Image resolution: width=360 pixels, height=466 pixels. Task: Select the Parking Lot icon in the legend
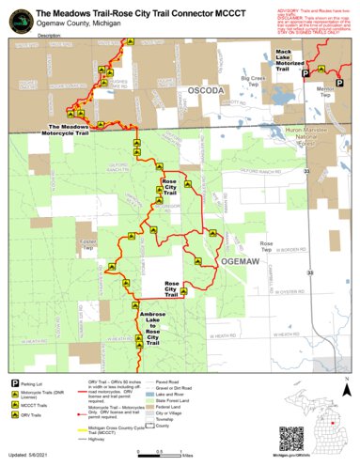click(15, 383)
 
